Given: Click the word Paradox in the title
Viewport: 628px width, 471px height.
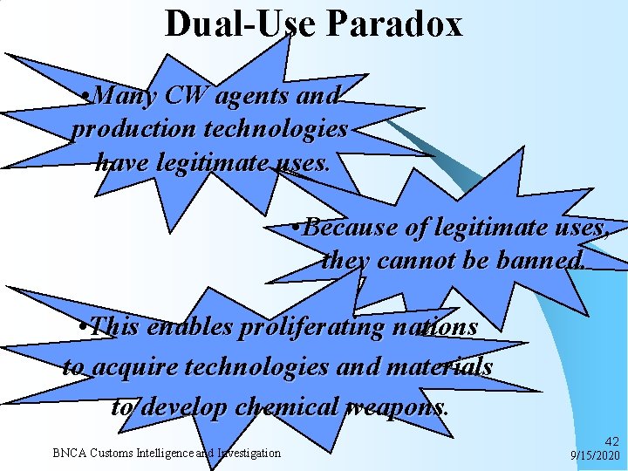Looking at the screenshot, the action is point(394,24).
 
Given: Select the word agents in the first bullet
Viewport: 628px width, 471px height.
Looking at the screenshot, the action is point(254,95).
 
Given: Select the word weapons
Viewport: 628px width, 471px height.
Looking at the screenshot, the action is point(399,406).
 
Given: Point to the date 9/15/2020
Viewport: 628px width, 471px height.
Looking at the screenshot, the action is point(594,456).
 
